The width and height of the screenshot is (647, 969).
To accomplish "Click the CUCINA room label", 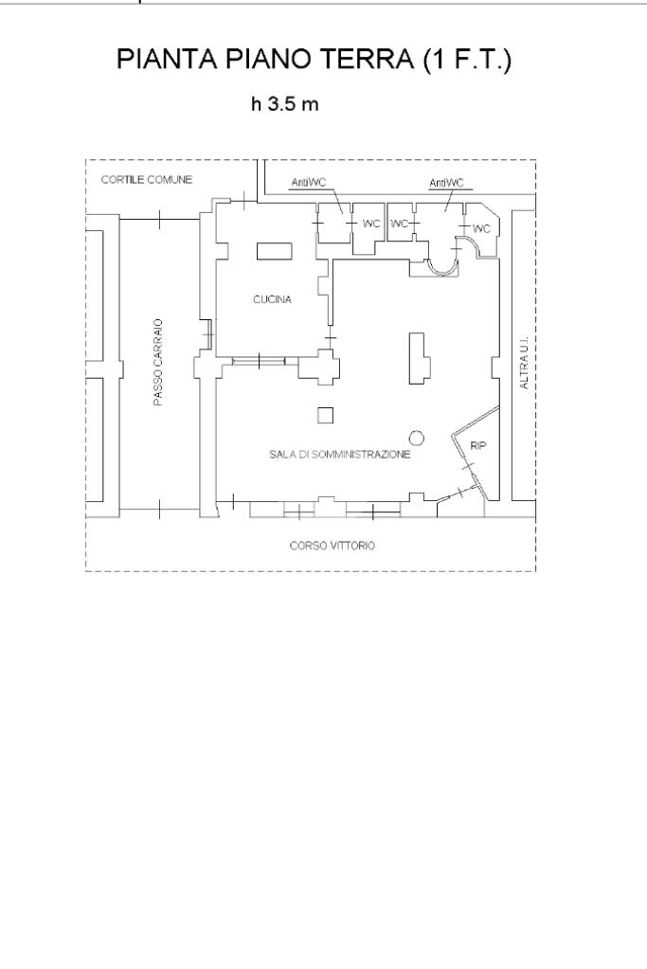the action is coord(273,299).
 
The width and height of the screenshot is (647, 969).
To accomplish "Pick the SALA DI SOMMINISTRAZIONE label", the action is coord(339,455).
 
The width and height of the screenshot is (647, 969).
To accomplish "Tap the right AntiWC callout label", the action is coord(447,182).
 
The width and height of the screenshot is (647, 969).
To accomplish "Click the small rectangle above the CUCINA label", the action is coord(274,250).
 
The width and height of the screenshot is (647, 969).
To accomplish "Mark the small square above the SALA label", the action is coord(325,415).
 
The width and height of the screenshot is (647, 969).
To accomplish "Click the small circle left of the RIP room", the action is coord(415,437).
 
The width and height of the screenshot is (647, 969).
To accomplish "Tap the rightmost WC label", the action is coord(481,227).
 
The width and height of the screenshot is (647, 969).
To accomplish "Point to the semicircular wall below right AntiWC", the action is coord(443,265).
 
